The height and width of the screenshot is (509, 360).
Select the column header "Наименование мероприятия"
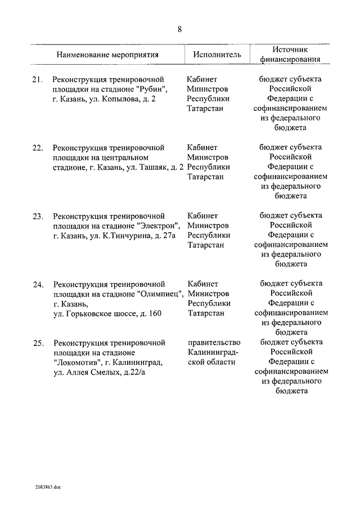tap(107, 55)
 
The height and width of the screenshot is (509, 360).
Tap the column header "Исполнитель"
tap(217, 55)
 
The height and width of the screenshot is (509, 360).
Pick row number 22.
tap(38, 147)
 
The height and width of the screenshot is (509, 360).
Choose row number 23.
tap(38, 215)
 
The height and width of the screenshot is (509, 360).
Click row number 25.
tap(38, 342)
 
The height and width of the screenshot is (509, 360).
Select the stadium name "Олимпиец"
tap(160, 294)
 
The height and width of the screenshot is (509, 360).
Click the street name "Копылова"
tap(118, 99)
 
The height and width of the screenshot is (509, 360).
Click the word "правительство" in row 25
tap(215, 342)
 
